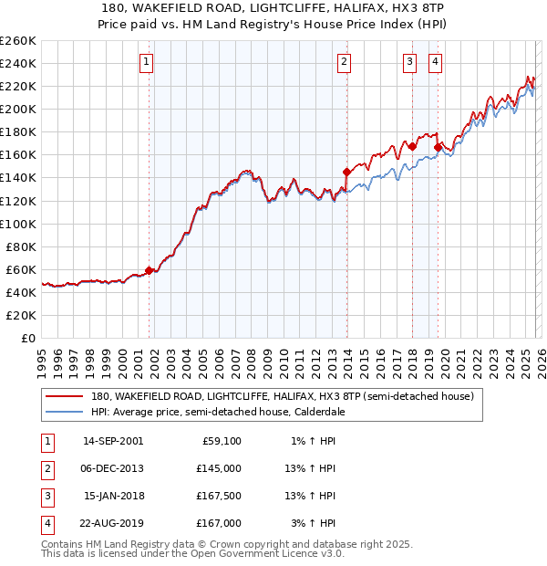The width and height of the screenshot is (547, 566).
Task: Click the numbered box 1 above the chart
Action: click(x=147, y=62)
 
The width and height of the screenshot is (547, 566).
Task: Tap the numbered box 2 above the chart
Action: click(x=344, y=62)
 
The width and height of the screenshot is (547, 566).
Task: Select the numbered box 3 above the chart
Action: click(x=410, y=62)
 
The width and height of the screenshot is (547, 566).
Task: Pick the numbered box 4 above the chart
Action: click(x=436, y=62)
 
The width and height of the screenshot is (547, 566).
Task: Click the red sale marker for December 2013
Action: click(x=346, y=172)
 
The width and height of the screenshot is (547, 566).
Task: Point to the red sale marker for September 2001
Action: click(x=149, y=270)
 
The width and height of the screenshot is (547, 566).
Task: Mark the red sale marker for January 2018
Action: click(x=412, y=146)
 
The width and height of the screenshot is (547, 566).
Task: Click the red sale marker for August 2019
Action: click(x=438, y=147)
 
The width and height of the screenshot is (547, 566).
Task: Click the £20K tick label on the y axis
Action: click(x=20, y=315)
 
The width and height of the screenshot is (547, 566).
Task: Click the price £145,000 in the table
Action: click(x=219, y=468)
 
